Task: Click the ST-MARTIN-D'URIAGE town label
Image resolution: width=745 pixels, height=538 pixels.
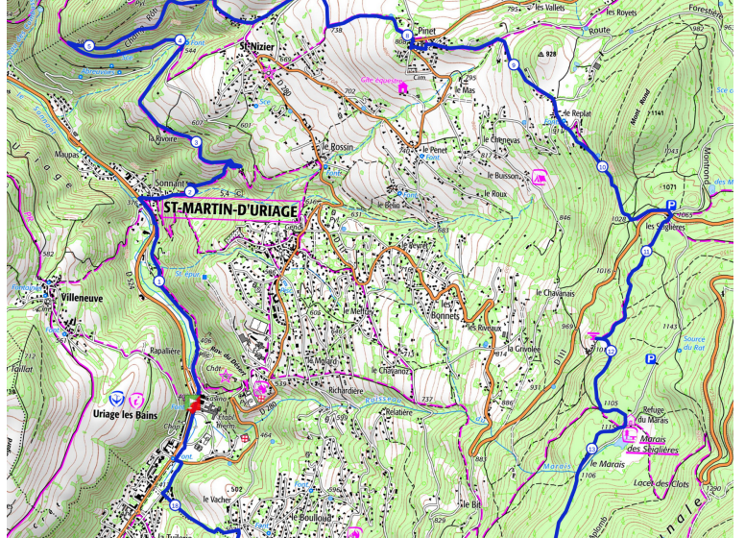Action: (x=230, y=208)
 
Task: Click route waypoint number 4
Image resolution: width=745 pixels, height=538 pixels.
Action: (x=180, y=40)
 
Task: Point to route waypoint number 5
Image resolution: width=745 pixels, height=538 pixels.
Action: (x=88, y=45)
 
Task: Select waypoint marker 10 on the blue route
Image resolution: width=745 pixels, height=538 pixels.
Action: (x=603, y=167)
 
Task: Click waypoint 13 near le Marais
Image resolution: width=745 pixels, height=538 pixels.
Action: (x=591, y=449)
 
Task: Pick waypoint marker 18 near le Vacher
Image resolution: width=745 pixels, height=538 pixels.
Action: (x=175, y=505)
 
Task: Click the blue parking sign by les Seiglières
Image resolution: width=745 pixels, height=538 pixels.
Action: (x=671, y=205)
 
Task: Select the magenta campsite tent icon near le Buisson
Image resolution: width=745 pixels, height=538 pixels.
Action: (x=540, y=177)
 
